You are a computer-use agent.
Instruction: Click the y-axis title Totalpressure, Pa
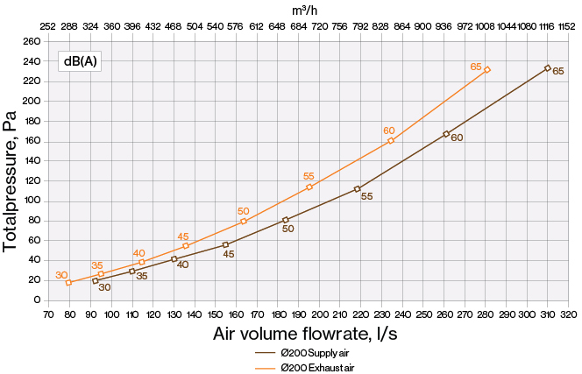pyautogui.click(x=11, y=171)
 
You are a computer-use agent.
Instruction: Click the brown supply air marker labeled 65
pyautogui.click(x=548, y=67)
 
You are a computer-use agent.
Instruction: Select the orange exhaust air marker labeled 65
pyautogui.click(x=486, y=70)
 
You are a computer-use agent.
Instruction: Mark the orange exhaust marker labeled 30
pyautogui.click(x=68, y=283)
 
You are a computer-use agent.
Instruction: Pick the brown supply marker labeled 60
pyautogui.click(x=446, y=134)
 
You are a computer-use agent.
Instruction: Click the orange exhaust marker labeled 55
pyautogui.click(x=309, y=187)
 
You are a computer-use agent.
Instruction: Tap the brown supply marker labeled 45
pyautogui.click(x=225, y=244)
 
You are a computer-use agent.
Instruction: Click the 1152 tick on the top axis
pyautogui.click(x=568, y=27)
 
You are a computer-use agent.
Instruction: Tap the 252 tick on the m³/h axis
pyautogui.click(x=49, y=27)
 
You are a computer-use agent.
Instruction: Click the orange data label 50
pyautogui.click(x=244, y=211)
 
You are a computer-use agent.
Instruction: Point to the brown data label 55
pyautogui.click(x=366, y=197)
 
